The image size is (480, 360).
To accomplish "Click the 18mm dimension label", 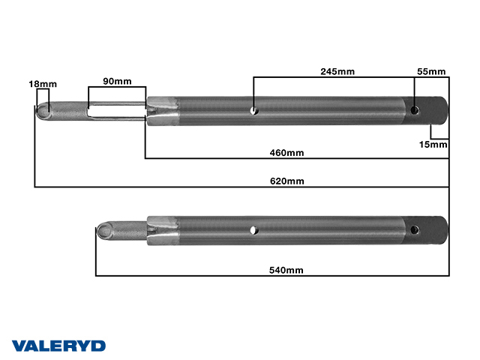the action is pos(43,84).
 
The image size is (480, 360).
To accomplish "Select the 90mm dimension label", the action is pos(117,81).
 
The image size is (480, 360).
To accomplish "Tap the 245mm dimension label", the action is pos(337,71).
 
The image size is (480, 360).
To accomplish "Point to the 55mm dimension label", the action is pos(431,71).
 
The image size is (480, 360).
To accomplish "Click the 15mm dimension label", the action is pos(433,145).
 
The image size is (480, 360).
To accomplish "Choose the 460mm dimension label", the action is pos(286,153).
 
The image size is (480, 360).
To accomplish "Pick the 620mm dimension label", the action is pos(286,181).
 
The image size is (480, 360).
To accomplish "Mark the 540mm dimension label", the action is pos(286,270).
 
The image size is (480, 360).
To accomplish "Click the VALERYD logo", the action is pos(58,346).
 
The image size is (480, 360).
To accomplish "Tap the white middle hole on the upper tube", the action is pos(253,111).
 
